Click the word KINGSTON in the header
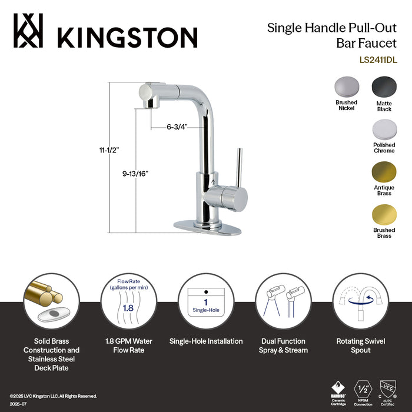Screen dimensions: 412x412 click(x=127, y=36)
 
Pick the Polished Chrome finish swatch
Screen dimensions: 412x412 click(x=384, y=129)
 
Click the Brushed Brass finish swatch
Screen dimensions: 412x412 click(x=384, y=215)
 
